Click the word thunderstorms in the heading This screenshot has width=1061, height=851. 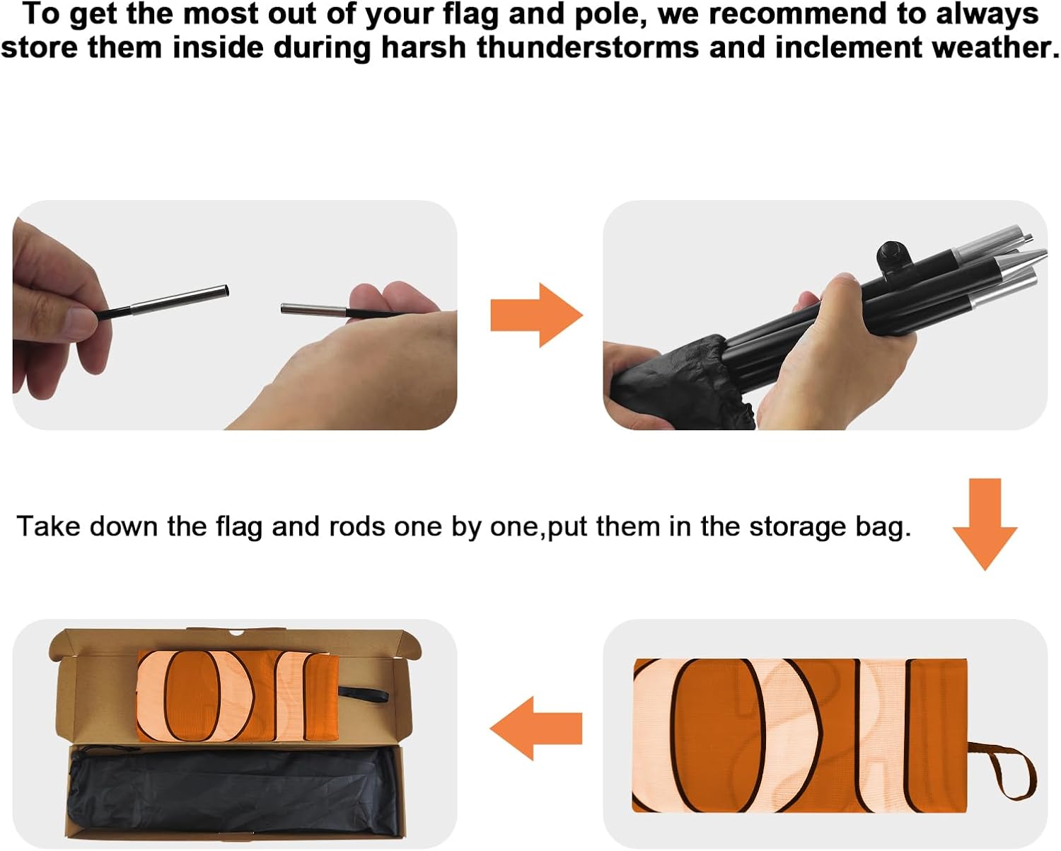click(588, 48)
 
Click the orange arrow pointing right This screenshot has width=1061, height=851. click(536, 315)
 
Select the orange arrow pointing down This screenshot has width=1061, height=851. click(985, 524)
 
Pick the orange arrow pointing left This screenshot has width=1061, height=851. click(536, 728)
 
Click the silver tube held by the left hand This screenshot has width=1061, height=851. click(179, 300)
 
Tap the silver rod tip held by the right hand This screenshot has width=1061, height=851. click(313, 310)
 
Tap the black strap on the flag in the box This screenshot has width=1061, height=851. click(363, 695)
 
